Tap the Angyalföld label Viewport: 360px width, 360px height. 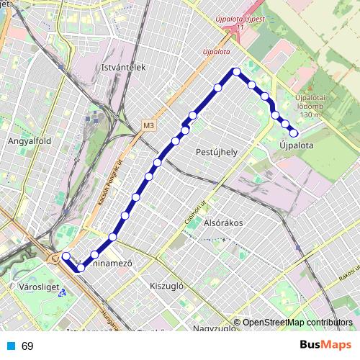coord(27,141)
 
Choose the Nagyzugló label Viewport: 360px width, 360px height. coord(214,329)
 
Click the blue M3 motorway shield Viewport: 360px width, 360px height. coord(148,125)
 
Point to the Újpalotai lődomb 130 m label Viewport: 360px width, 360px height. coord(311,106)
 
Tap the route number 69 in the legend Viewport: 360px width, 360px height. coord(27,346)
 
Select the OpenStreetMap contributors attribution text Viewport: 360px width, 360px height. coord(297,323)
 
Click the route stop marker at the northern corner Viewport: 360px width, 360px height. coord(236,71)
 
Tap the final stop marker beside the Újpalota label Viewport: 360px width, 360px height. coord(294,132)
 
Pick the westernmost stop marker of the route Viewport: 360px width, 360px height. coord(66,256)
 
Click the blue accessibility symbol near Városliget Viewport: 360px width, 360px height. coord(63,292)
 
